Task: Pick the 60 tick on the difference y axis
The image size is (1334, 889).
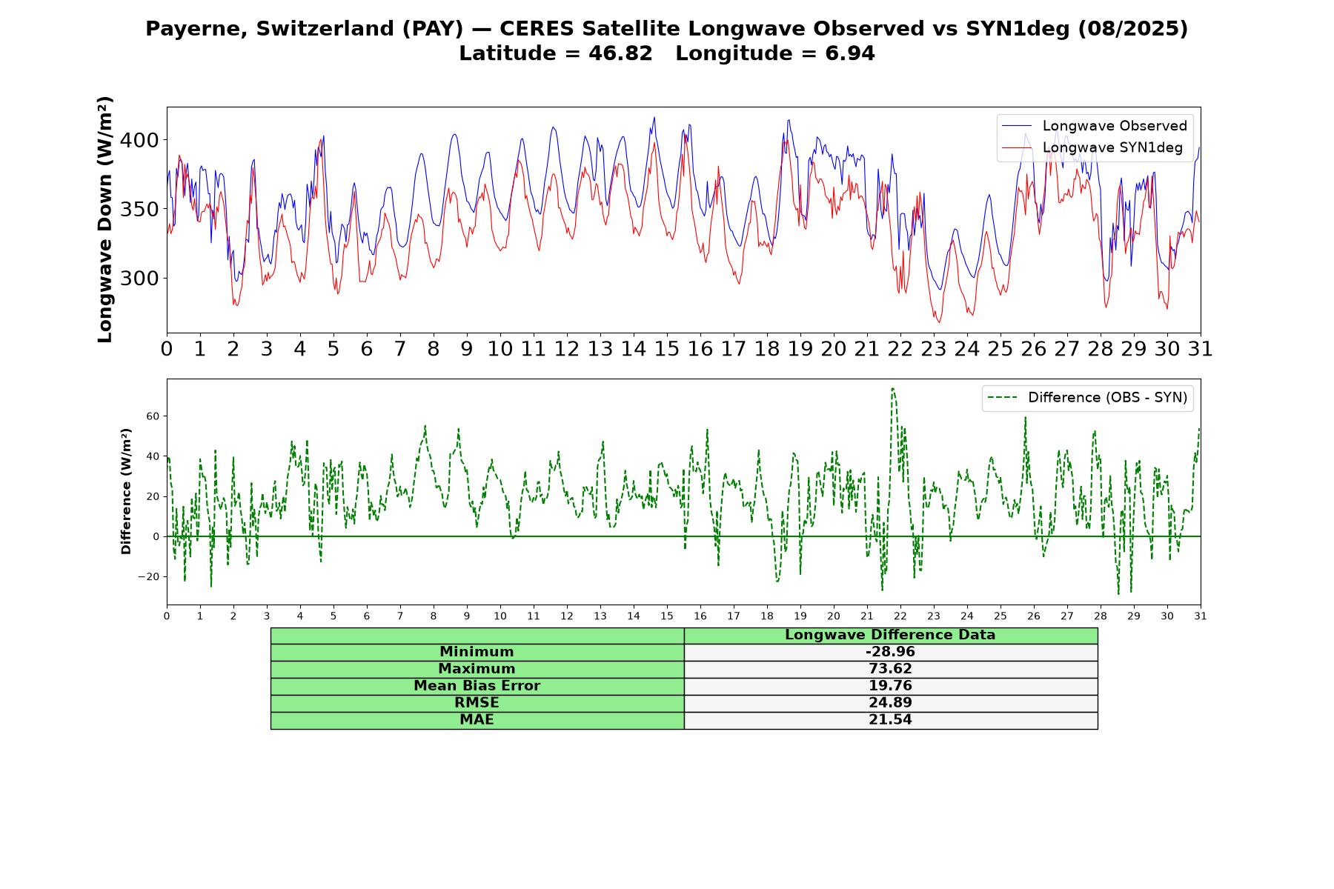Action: [153, 416]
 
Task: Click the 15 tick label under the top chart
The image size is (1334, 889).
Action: [666, 349]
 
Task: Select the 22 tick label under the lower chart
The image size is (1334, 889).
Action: [900, 616]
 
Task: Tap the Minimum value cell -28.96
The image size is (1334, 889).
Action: [890, 652]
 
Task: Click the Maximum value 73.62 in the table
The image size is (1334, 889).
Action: [890, 669]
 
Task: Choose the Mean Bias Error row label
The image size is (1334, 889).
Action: [477, 686]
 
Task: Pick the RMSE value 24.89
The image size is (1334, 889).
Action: [890, 703]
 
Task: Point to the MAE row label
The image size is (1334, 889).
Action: [477, 720]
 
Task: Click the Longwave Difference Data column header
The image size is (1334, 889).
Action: [890, 635]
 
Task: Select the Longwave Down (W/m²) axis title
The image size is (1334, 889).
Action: [105, 219]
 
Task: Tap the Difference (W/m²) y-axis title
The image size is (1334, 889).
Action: [126, 491]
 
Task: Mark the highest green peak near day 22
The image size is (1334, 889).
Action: [892, 388]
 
